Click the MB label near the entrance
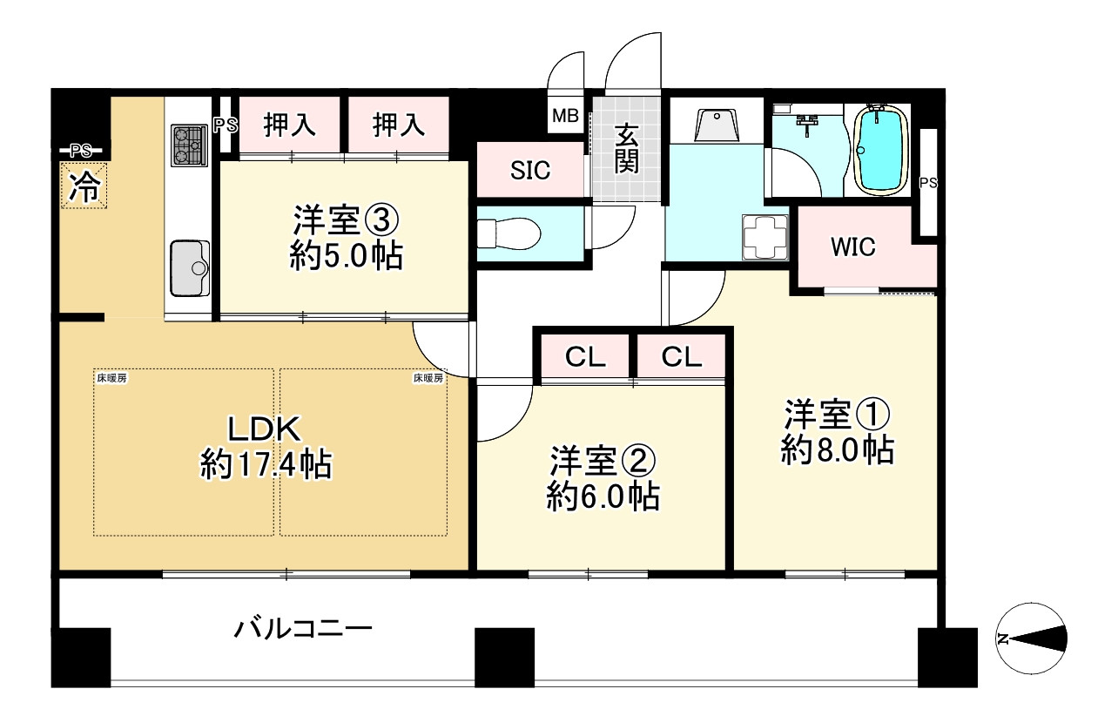(x=567, y=117)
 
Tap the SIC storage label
(x=529, y=170)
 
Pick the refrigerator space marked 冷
(x=84, y=186)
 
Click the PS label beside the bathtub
(x=928, y=182)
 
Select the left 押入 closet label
(x=290, y=125)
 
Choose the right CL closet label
(x=681, y=356)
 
